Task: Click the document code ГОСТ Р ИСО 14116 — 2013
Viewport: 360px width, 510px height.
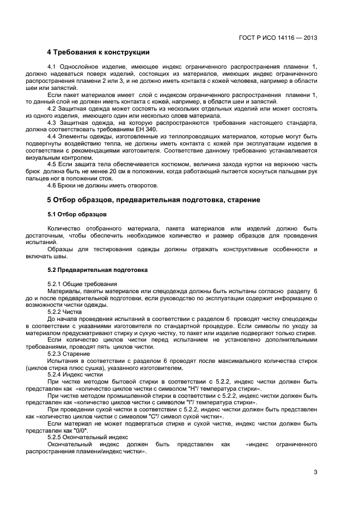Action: point(278,38)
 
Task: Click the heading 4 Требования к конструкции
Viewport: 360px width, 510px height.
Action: point(98,52)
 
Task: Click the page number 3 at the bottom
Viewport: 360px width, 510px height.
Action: point(315,472)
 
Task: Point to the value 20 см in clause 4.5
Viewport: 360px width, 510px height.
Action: point(124,171)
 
